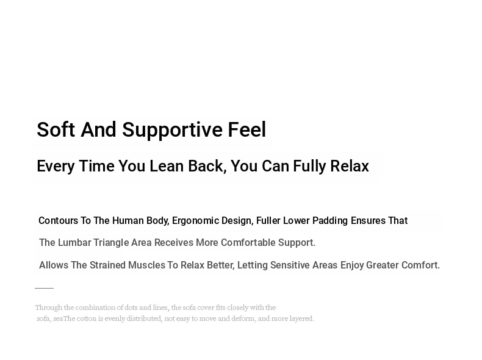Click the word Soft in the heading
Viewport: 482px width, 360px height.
56,129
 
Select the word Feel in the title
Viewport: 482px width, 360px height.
247,129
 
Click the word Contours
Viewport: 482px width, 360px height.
58,221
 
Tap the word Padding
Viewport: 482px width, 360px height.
330,221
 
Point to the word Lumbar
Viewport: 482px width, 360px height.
74,243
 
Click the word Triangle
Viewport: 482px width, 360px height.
111,243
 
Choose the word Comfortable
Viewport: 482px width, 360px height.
248,243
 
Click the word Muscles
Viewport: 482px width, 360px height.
146,265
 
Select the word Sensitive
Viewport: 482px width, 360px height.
290,265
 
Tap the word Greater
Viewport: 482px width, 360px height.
383,265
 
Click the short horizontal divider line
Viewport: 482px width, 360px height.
45,288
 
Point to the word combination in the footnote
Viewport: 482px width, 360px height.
95,308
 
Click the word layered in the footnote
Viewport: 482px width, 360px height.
301,319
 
